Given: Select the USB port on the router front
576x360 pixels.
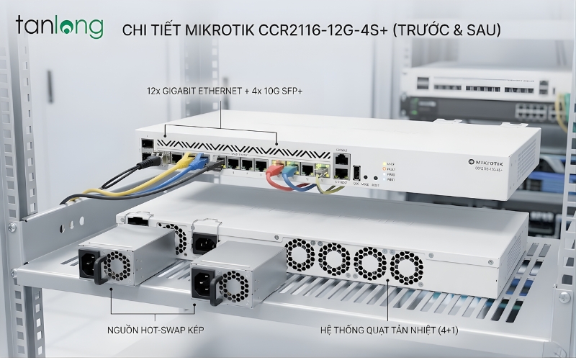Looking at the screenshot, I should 356,172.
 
